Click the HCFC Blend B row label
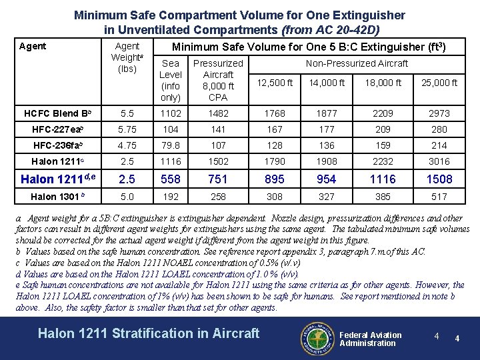57,113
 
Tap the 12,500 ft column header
275,83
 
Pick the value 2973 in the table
439,113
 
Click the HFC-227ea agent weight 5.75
127,129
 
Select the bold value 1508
439,179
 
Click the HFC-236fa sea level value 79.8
171,145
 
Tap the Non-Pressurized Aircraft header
356,63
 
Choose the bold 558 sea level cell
171,179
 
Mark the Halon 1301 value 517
439,197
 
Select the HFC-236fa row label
57,145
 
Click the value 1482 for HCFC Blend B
218,113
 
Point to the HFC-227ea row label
57,129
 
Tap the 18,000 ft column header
383,83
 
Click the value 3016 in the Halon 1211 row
439,161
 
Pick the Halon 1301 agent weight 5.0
127,197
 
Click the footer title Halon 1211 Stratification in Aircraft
149,333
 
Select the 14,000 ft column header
327,83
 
